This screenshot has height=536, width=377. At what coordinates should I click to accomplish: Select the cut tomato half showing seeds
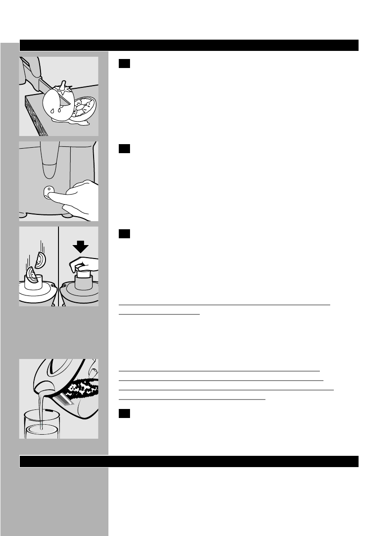click(x=84, y=106)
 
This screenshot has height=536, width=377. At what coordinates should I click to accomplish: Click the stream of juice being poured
click(x=41, y=405)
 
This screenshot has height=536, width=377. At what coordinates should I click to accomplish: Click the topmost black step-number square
click(x=124, y=64)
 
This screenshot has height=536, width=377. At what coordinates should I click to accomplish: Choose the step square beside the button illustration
click(x=124, y=149)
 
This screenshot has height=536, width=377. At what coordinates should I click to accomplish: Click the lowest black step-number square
click(x=124, y=414)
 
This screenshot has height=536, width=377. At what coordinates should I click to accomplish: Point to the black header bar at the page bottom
click(x=189, y=461)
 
